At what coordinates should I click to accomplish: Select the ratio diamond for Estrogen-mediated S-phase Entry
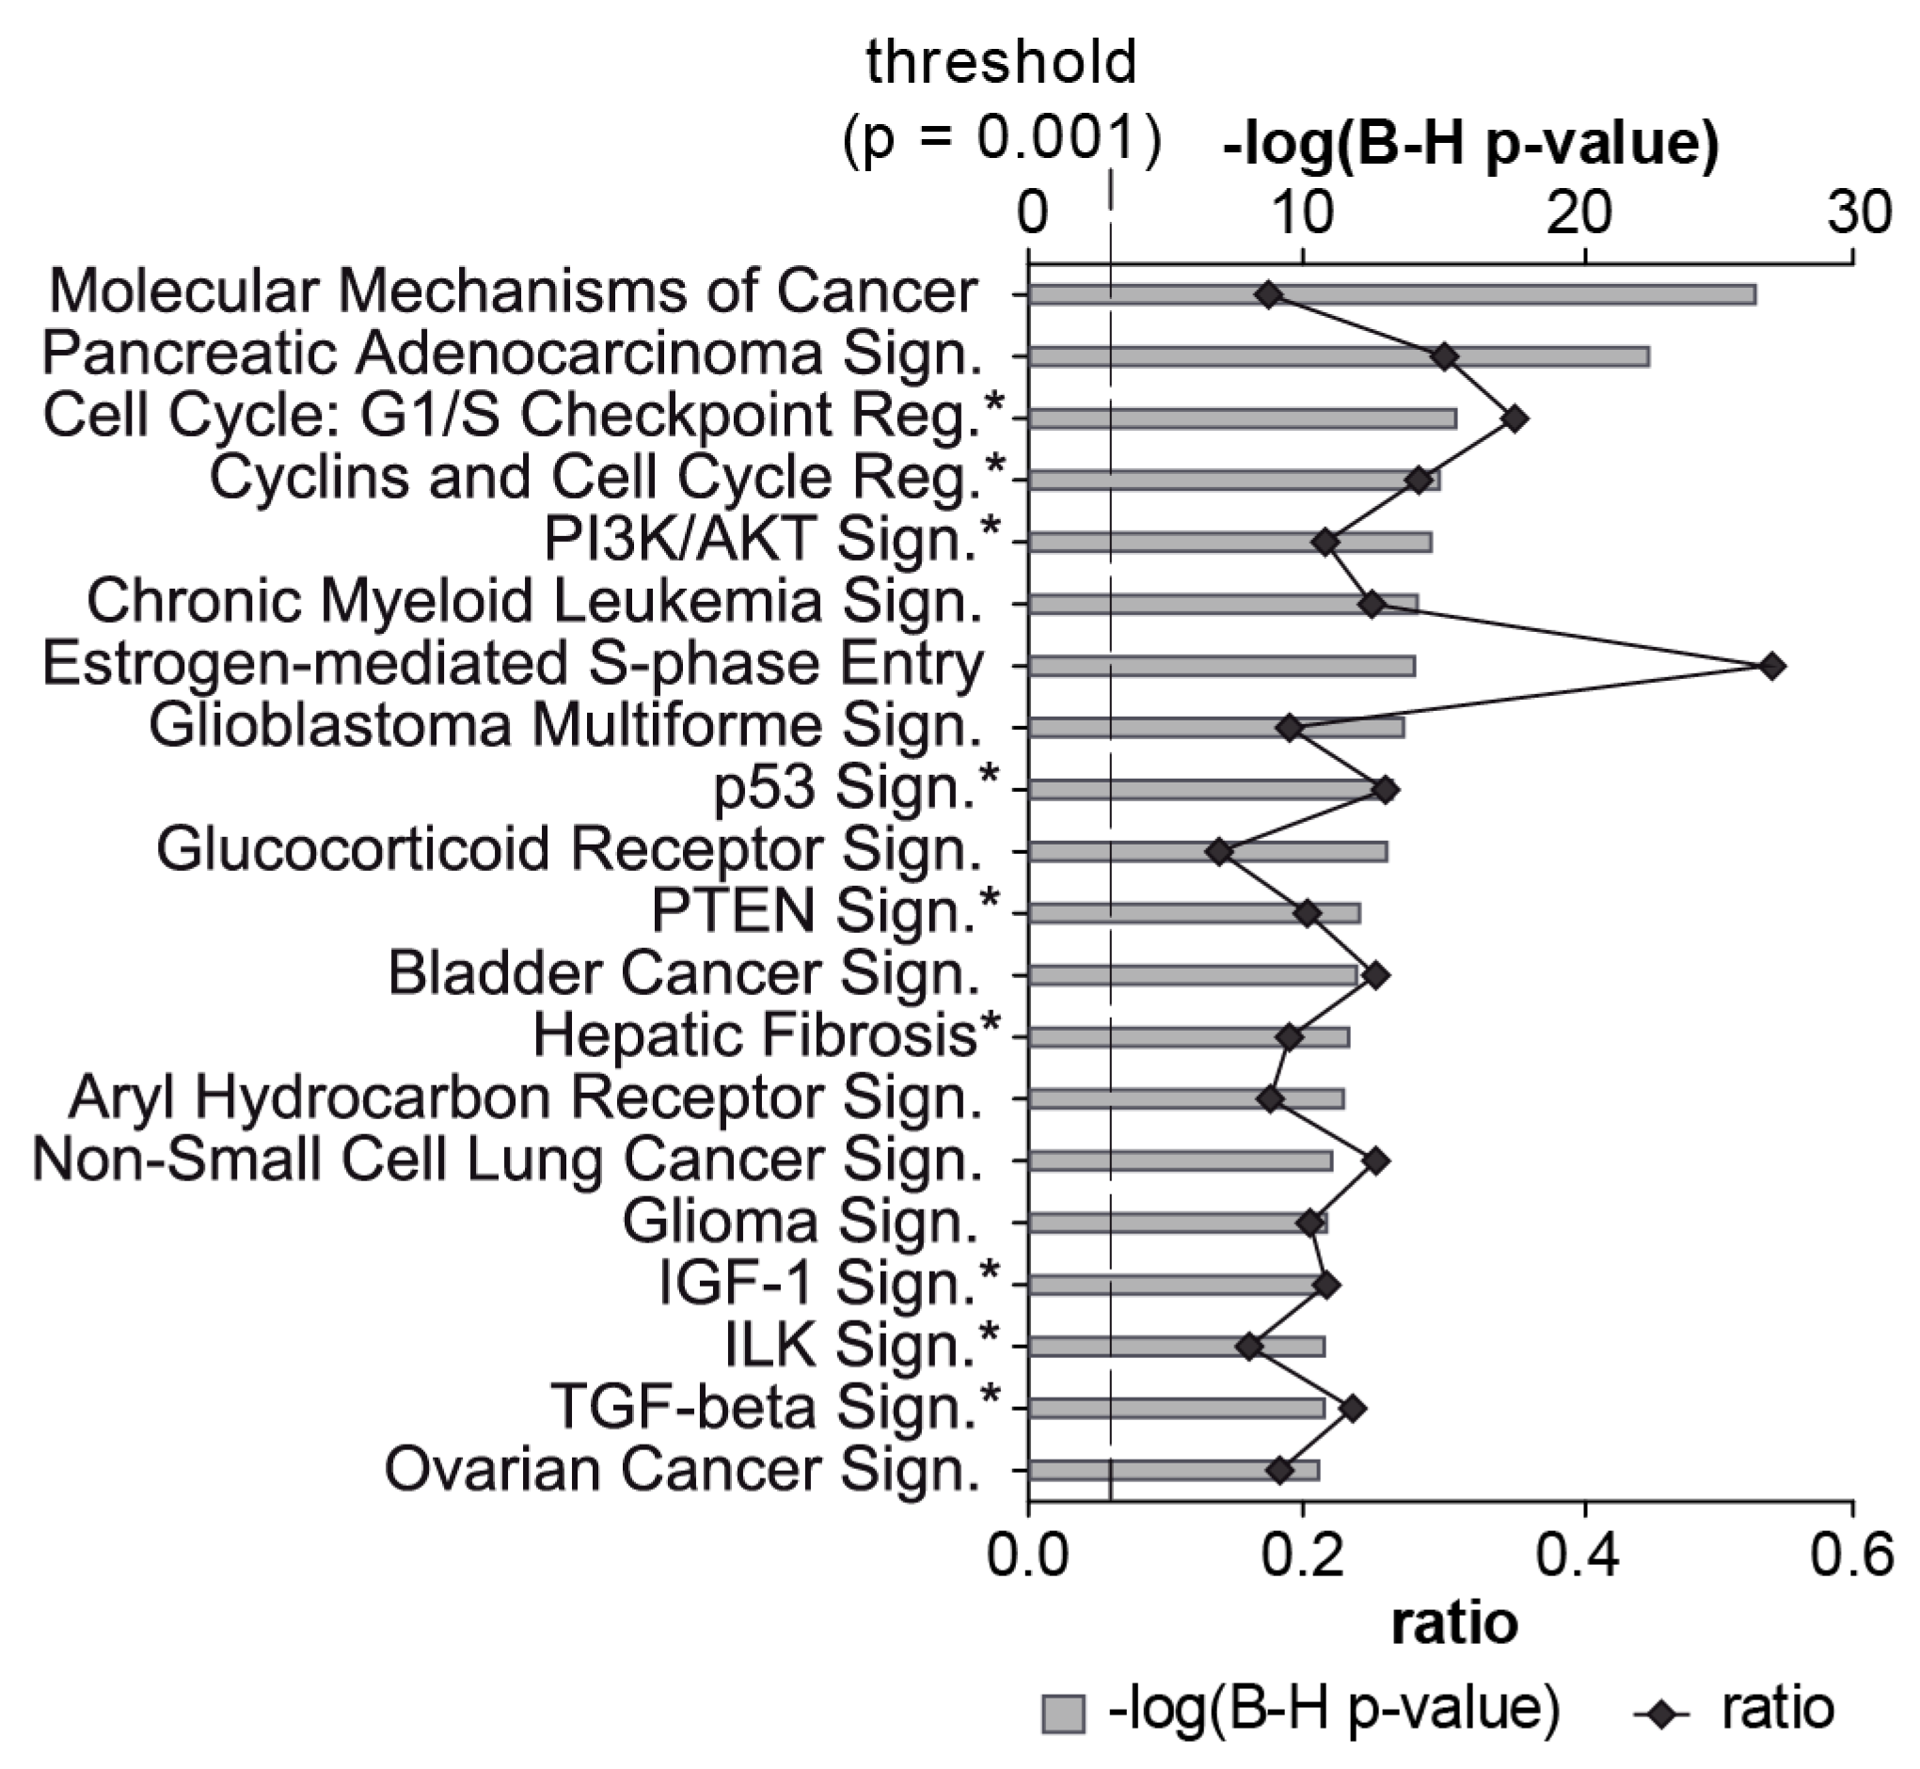coord(1771,667)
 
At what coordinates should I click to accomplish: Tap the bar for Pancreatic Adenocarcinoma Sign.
coord(1341,357)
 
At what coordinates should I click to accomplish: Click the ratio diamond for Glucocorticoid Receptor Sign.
coord(1219,852)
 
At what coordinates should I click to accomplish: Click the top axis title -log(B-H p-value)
coord(1471,144)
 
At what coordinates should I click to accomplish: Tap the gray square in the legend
coord(1064,1713)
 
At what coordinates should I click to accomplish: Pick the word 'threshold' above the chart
coord(1001,62)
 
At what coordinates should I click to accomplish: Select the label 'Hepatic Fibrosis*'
coord(766,1035)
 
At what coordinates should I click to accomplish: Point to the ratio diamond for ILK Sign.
coord(1247,1347)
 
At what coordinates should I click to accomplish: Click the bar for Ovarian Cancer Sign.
coord(1174,1470)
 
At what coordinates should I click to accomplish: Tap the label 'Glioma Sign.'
coord(801,1222)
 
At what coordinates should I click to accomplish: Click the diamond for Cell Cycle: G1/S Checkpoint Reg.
coord(1514,419)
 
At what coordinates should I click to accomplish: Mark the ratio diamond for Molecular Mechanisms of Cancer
coord(1269,295)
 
